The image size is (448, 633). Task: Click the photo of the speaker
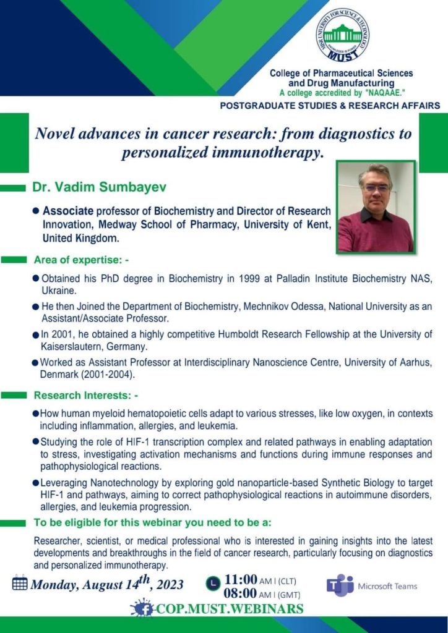pos(376,207)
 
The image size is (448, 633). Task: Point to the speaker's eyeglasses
pos(376,187)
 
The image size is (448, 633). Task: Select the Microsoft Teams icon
pos(340,585)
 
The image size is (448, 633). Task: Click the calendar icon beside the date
pos(20,583)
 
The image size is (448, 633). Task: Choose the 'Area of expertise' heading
pos(81,260)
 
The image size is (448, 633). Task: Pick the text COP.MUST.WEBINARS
pos(229,608)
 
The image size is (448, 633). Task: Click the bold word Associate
pos(67,211)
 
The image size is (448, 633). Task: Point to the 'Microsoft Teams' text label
pos(388,586)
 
